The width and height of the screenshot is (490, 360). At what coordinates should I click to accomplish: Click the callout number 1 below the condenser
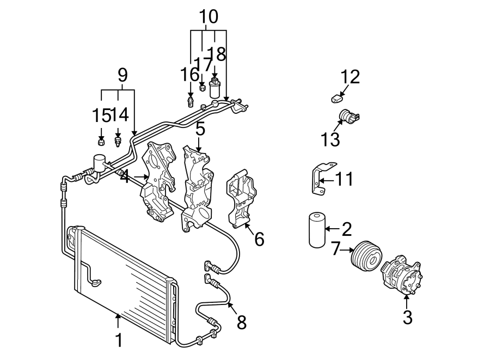tap(119, 340)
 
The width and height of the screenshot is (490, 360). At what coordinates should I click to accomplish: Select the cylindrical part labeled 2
tap(316, 230)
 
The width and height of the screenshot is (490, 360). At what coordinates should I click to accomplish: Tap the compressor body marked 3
tap(403, 276)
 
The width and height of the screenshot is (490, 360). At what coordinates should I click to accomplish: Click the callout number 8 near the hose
tap(242, 322)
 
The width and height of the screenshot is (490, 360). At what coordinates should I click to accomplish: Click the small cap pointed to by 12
tap(337, 99)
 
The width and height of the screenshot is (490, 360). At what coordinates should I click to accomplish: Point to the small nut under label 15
tap(101, 143)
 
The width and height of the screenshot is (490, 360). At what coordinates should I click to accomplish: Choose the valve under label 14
tap(118, 143)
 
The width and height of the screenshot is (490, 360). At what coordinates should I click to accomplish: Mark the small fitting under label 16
tap(190, 102)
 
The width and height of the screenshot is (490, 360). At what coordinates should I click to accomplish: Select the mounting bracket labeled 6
tap(241, 202)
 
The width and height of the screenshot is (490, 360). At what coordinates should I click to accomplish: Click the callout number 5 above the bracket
tap(200, 129)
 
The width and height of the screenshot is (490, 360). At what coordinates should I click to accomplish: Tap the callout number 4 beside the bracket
tap(125, 176)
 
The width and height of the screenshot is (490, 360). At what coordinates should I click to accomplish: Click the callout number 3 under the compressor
tap(407, 317)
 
